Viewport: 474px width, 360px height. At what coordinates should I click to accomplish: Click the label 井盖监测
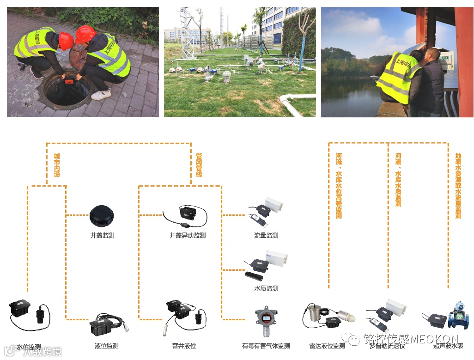click(x=102, y=235)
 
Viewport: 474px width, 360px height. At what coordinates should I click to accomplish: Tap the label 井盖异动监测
click(x=188, y=235)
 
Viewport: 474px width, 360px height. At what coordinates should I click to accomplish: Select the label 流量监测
click(x=266, y=235)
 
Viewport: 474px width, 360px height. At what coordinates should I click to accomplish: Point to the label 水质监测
click(x=266, y=288)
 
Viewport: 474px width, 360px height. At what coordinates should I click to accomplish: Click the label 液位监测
click(x=106, y=346)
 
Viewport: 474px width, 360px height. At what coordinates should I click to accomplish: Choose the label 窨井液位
click(x=184, y=346)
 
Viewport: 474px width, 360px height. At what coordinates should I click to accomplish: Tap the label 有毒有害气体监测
click(x=266, y=346)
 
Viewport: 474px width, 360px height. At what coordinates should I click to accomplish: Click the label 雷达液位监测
click(x=327, y=346)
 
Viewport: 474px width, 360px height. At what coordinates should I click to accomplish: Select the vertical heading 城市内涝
click(x=57, y=165)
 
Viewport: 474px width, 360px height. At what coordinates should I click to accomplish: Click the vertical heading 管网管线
click(x=199, y=165)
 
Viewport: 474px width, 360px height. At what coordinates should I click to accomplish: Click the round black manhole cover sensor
click(x=102, y=214)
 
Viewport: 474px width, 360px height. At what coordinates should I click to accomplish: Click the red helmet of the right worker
click(x=85, y=35)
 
